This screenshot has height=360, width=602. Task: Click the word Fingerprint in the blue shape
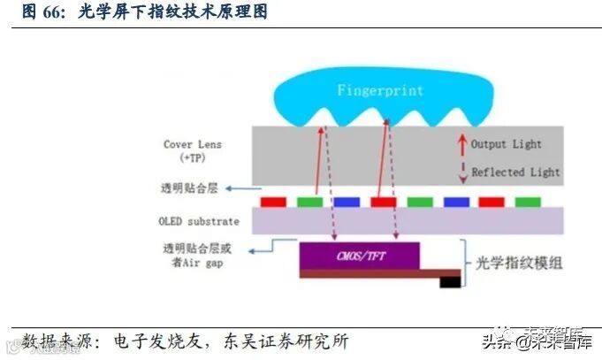tap(379, 91)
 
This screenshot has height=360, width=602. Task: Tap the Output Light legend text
tap(506, 144)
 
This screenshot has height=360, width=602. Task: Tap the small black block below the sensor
tap(452, 283)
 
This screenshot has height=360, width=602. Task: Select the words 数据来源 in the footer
tap(51, 340)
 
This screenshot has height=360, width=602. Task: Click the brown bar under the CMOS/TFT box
tap(371, 273)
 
